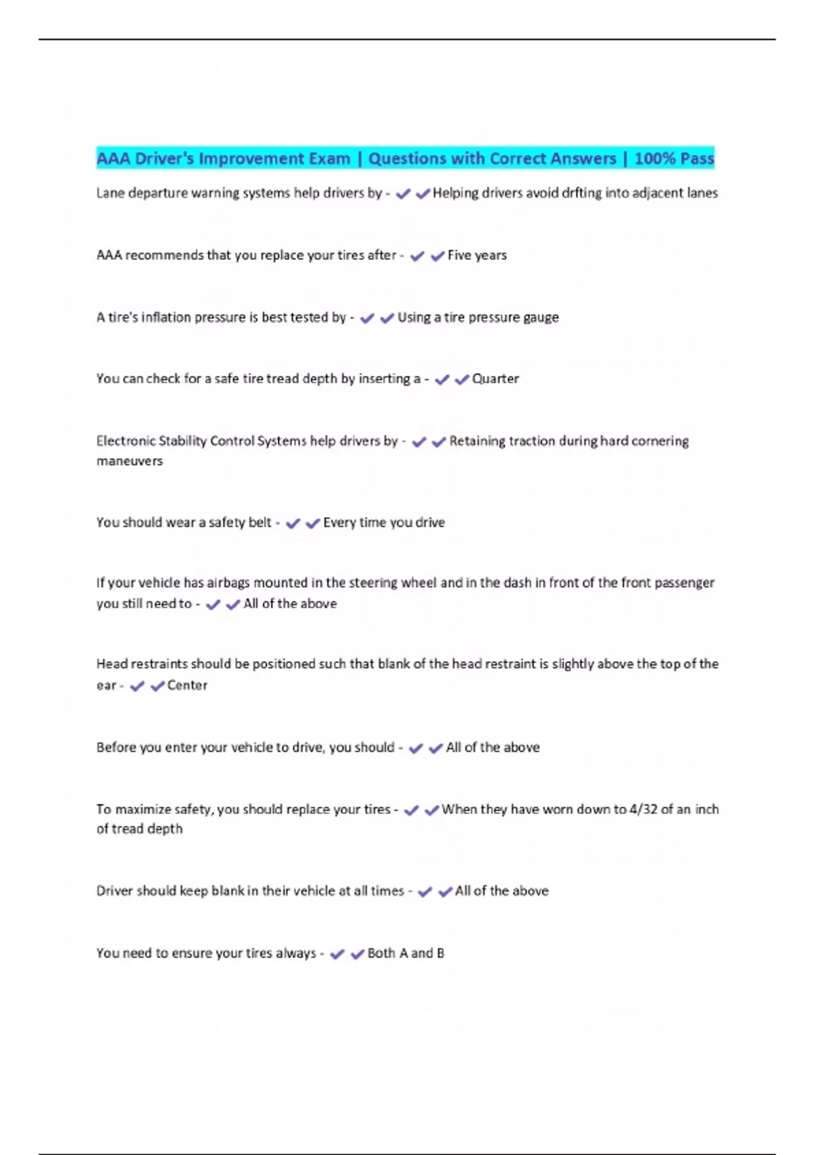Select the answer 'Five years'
click(x=477, y=255)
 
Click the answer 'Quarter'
click(x=495, y=378)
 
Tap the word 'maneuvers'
click(x=130, y=461)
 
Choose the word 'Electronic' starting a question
click(x=125, y=441)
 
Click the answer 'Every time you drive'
click(x=384, y=522)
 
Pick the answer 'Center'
click(x=187, y=686)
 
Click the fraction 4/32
click(x=643, y=809)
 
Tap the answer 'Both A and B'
click(x=405, y=953)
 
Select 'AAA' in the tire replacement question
click(x=109, y=255)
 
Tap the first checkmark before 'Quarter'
click(x=442, y=379)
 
